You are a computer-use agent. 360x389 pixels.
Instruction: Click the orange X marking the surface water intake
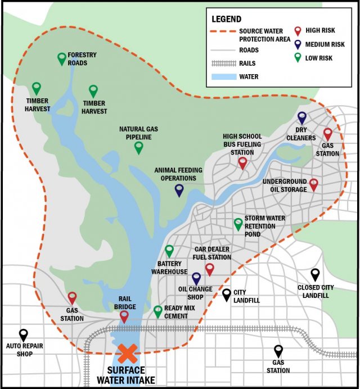click(127, 354)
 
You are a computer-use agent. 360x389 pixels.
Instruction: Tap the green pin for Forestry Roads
click(62, 58)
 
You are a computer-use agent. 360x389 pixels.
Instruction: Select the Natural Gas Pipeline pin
click(139, 147)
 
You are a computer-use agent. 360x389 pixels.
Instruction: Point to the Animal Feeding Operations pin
click(179, 190)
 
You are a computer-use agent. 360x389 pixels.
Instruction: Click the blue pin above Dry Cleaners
click(302, 117)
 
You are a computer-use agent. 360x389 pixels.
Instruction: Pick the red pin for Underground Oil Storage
click(314, 184)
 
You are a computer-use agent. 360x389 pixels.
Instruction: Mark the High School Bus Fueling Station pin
click(242, 162)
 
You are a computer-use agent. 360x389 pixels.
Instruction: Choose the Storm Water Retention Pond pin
click(238, 224)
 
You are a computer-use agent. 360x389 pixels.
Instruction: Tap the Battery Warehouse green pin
click(169, 251)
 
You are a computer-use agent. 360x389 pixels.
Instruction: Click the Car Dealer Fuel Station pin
click(210, 269)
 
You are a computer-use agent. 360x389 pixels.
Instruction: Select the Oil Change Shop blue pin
click(196, 278)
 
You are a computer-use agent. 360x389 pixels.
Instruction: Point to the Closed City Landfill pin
click(316, 274)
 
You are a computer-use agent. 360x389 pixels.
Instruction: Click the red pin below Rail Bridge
click(124, 316)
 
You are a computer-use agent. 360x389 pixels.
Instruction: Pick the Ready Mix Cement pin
click(158, 311)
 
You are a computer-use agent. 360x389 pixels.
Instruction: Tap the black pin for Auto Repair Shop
click(23, 335)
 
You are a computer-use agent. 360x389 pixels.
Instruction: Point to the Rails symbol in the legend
click(222, 64)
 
